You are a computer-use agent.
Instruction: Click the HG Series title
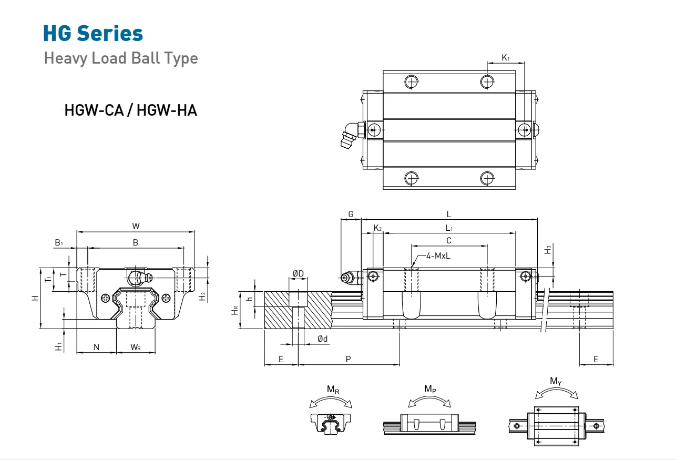pos(93,34)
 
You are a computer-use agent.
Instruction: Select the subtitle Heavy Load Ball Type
pos(121,58)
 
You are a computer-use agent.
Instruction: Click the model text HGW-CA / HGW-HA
pos(130,111)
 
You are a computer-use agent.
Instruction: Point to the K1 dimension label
pos(505,57)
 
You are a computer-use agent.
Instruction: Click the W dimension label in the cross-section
pos(136,226)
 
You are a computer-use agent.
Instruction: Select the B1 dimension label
pos(59,243)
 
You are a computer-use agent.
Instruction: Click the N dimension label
pos(96,346)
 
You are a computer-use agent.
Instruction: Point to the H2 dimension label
pos(202,297)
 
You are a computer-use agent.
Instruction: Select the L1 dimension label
pos(449,228)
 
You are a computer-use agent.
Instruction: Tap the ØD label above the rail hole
pos(298,273)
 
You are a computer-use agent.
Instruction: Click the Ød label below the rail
pos(322,339)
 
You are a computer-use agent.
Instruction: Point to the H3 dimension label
pos(548,250)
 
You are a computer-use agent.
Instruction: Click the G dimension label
pos(351,214)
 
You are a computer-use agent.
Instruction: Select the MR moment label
pos(332,390)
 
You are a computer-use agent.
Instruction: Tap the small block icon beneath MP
pos(429,424)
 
